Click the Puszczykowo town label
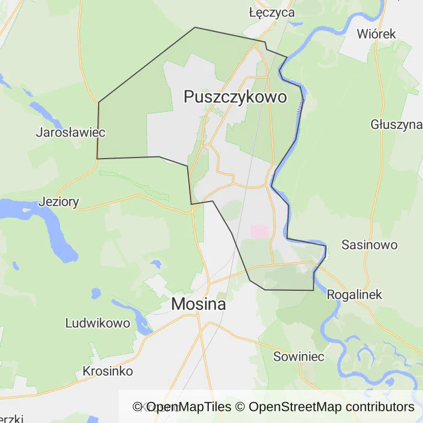click(x=235, y=97)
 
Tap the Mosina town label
click(x=198, y=303)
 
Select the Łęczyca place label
click(x=272, y=12)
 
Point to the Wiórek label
click(x=376, y=34)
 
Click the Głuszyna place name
click(x=396, y=124)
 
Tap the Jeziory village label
click(x=58, y=202)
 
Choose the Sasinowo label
click(x=370, y=245)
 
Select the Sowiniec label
click(x=299, y=356)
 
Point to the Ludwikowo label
click(x=97, y=323)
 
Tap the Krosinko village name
click(x=107, y=371)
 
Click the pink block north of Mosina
click(x=259, y=231)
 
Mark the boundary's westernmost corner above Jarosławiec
click(x=99, y=102)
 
